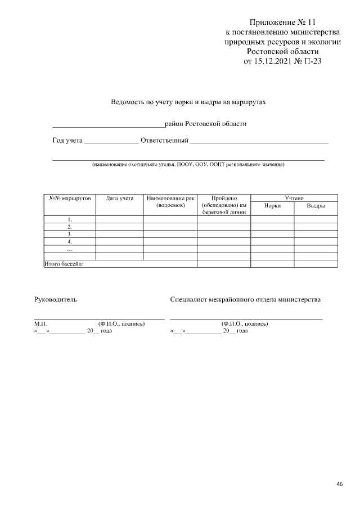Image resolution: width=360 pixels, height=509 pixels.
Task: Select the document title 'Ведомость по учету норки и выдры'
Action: click(x=187, y=103)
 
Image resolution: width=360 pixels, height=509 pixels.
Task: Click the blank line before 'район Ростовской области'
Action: click(x=107, y=124)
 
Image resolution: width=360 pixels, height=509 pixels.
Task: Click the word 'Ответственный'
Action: click(x=164, y=140)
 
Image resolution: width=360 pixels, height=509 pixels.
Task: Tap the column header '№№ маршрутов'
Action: click(x=70, y=199)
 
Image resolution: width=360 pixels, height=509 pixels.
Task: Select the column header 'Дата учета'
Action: click(x=119, y=199)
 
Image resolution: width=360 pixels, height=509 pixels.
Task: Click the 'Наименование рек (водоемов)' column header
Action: click(x=170, y=202)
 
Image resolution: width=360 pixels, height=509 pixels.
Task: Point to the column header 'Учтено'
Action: click(x=294, y=198)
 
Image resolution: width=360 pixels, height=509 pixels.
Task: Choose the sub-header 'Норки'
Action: click(x=272, y=206)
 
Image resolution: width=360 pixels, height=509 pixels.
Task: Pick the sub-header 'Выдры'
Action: click(x=316, y=206)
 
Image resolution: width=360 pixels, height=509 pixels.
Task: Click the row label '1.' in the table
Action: click(x=70, y=220)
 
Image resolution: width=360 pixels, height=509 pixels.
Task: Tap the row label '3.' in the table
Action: click(x=70, y=234)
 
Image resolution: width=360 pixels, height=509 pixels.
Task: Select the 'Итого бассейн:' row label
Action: click(x=64, y=264)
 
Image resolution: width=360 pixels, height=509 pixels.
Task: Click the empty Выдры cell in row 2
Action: click(x=316, y=227)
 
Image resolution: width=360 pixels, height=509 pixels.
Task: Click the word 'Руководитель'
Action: click(x=56, y=300)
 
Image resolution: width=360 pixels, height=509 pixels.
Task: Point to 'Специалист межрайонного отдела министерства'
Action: click(x=245, y=300)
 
